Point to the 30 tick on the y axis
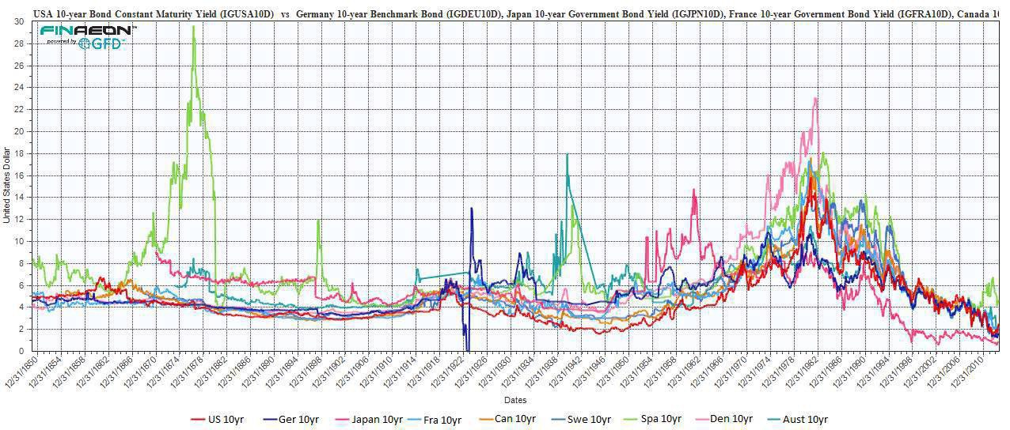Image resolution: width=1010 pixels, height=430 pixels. coord(18,21)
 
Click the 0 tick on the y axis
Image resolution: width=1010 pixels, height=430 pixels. coord(21,351)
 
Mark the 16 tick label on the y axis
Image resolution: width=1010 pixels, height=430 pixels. coord(18,175)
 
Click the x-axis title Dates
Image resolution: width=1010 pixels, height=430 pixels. coord(517,401)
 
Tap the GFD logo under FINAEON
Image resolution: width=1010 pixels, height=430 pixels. coord(105,43)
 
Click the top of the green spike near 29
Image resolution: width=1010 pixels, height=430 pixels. coord(194,26)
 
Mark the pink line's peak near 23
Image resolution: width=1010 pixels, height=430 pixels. coord(815,98)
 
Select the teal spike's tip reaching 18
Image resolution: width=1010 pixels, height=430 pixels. coord(567,154)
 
